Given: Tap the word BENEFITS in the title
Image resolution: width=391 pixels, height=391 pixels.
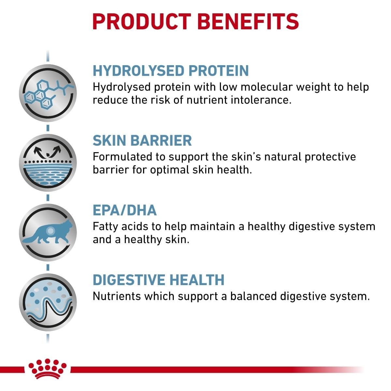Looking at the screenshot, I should click(248, 22).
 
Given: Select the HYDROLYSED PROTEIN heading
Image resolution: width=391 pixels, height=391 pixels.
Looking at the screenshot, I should click(171, 71).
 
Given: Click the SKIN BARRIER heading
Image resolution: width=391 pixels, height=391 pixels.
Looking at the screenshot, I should click(142, 140).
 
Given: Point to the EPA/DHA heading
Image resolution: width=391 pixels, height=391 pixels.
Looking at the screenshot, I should click(124, 210).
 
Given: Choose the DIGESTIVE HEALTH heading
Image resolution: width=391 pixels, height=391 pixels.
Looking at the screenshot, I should click(158, 280).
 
